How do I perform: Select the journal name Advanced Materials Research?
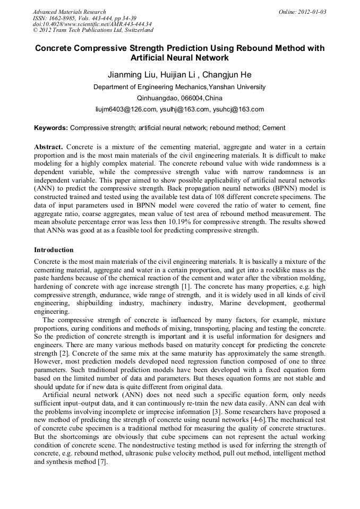pyautogui.click(x=69, y=12)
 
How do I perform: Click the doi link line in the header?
pyautogui.click(x=92, y=24)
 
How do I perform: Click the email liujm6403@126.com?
pyautogui.click(x=126, y=109)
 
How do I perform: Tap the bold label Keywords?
pyautogui.click(x=51, y=128)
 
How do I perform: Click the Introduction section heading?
pyautogui.click(x=54, y=249)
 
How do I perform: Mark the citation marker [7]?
pyautogui.click(x=102, y=462)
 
